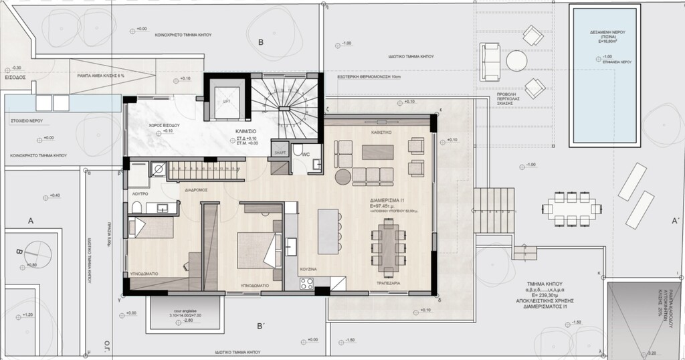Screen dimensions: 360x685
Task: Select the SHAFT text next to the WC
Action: point(279,153)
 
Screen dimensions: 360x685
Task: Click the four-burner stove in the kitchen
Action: point(305,284)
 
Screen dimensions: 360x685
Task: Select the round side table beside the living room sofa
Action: point(342,177)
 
